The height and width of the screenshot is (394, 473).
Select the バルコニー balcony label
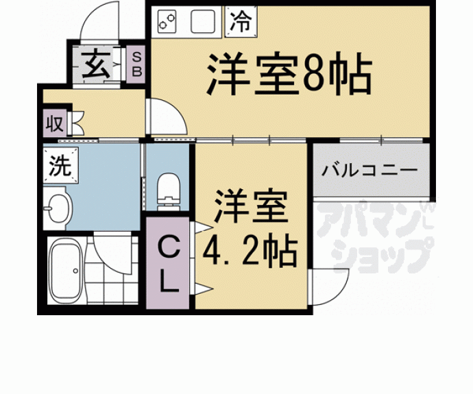[370, 169]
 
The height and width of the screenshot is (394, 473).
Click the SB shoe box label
[136, 64]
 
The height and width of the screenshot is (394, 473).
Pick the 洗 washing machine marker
[58, 165]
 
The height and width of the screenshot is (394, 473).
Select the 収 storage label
[55, 124]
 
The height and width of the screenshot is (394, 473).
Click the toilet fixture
[168, 189]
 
